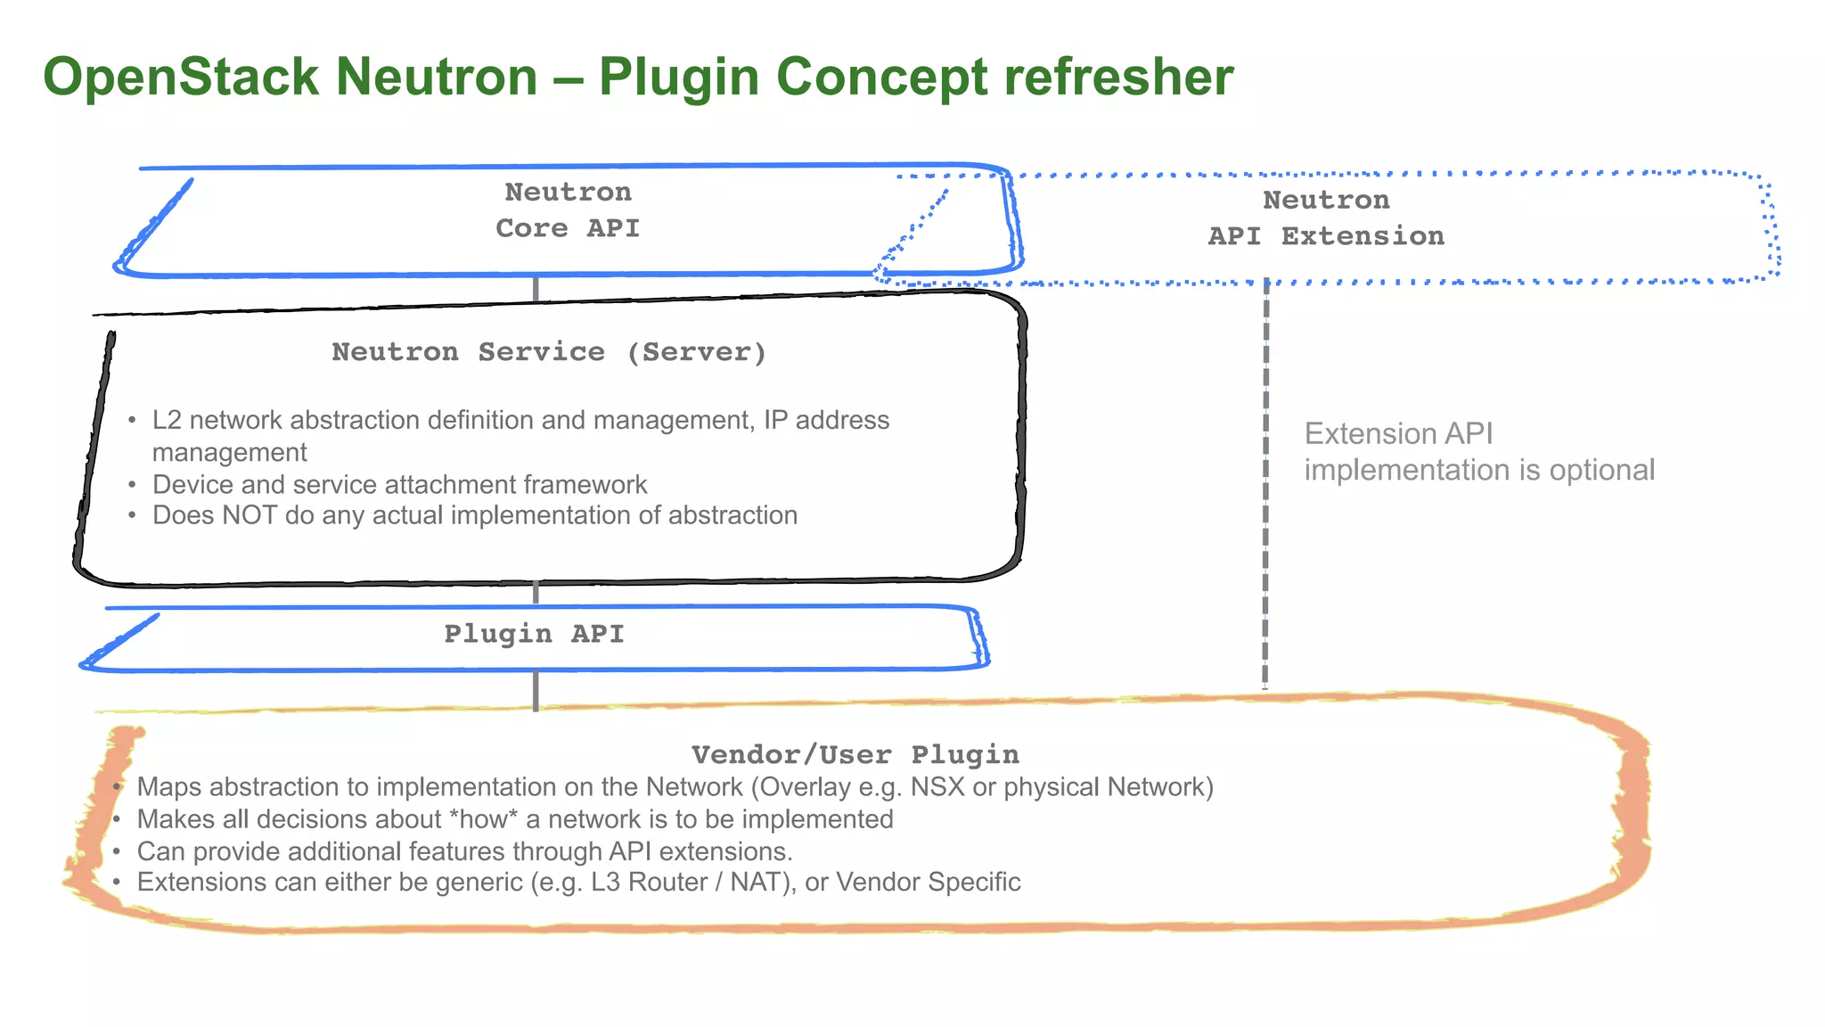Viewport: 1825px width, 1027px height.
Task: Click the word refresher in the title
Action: [1118, 78]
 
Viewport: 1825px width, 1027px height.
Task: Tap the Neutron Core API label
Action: [568, 210]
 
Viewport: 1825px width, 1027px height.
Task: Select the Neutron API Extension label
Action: [1326, 218]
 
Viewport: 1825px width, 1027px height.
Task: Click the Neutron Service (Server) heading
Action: [549, 352]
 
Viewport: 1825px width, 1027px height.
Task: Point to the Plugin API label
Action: [534, 634]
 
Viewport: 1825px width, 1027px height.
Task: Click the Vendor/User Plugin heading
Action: [855, 755]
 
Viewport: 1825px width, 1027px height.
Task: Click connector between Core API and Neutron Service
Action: [536, 289]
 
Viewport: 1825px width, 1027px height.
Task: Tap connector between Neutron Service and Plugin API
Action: [536, 592]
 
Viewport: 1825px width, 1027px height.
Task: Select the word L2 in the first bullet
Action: [167, 420]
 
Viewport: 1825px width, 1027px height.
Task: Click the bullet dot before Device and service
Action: [132, 485]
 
